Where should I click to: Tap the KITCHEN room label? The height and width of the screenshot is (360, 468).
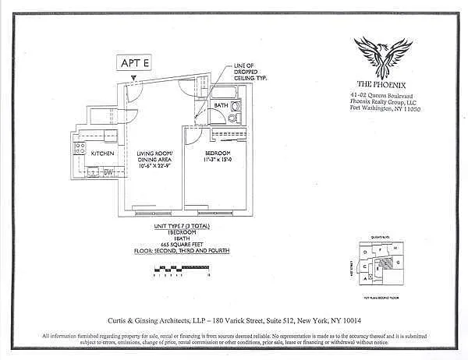click(x=102, y=154)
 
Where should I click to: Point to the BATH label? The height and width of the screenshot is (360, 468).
click(x=222, y=105)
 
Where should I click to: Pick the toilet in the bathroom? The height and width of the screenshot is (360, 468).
click(x=234, y=118)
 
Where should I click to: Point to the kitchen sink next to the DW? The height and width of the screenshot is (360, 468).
click(x=94, y=172)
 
